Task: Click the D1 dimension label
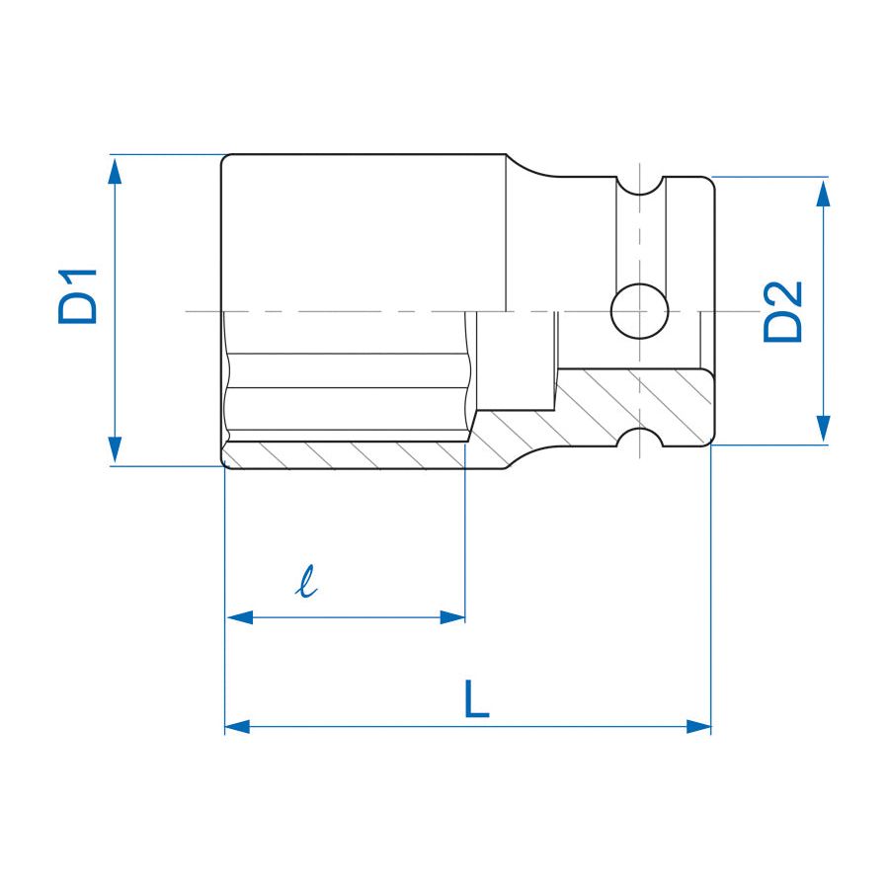(78, 295)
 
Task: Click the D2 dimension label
(783, 311)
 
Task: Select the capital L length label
(476, 699)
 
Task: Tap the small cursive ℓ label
(308, 583)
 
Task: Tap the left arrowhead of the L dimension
(237, 726)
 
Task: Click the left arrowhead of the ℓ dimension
(240, 617)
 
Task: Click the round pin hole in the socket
(639, 311)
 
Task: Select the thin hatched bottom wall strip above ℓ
(346, 454)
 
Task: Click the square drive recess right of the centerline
(583, 341)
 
